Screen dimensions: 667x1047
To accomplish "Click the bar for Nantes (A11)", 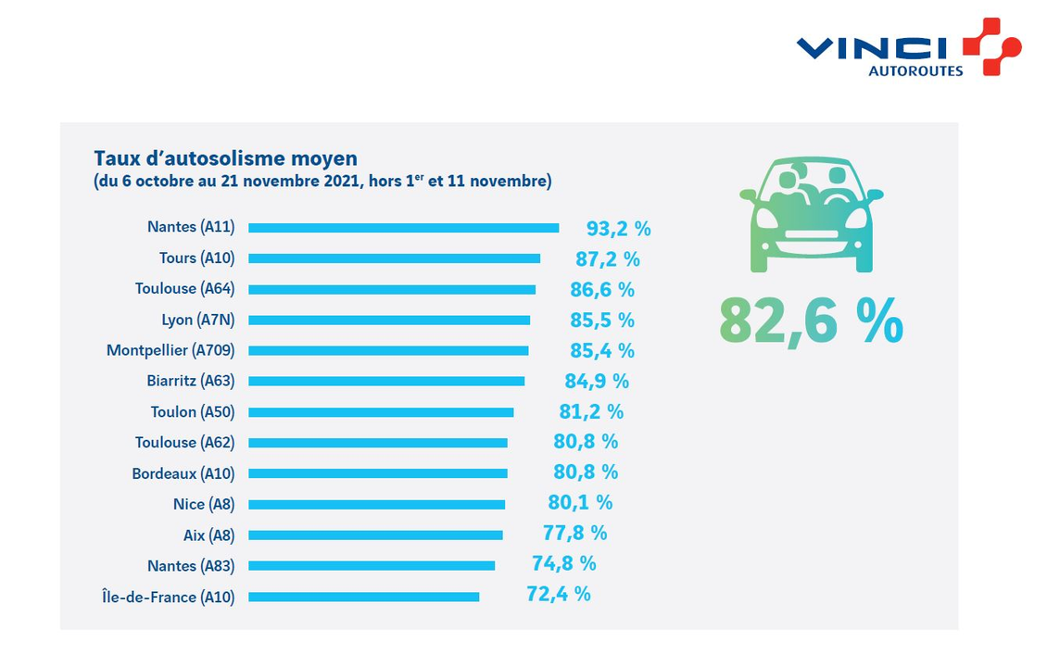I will click(x=403, y=228).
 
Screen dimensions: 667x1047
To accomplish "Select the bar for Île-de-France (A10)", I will click(x=363, y=597).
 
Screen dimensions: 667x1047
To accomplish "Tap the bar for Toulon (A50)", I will click(x=380, y=412).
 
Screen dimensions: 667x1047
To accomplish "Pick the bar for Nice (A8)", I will click(x=376, y=505).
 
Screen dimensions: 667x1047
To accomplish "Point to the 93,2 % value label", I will click(x=618, y=228).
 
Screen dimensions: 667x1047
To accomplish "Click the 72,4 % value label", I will click(x=558, y=594).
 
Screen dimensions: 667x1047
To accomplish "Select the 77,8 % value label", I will click(x=574, y=533).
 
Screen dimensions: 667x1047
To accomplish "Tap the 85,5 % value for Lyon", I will click(x=601, y=321).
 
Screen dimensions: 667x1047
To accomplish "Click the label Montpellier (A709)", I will click(x=170, y=350).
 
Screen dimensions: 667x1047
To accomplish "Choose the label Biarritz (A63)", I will click(x=191, y=381).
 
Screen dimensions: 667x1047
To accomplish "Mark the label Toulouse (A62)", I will click(x=184, y=443).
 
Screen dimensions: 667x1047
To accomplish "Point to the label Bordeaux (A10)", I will click(x=183, y=473).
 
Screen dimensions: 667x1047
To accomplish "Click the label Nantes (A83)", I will click(x=191, y=566).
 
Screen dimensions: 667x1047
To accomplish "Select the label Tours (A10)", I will click(x=196, y=258).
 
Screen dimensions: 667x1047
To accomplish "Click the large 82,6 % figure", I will click(x=810, y=321).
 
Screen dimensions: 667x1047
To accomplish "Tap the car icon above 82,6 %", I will click(x=811, y=216).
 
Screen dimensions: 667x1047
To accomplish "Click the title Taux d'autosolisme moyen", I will click(x=225, y=158).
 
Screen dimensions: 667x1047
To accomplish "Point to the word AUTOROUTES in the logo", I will click(x=915, y=70).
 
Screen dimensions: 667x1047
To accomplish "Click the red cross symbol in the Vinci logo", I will click(x=990, y=46).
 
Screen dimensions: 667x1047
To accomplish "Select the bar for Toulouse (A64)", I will click(x=391, y=289).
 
